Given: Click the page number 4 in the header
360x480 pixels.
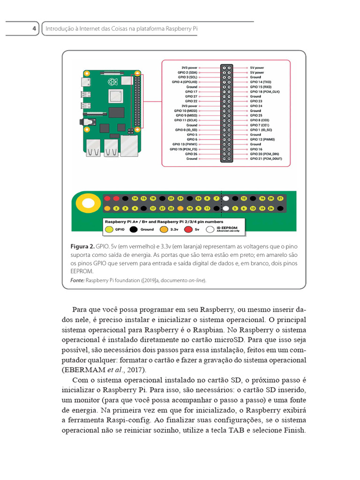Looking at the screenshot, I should (x=34, y=29).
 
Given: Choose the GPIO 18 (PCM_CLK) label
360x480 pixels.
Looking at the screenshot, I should (x=264, y=91).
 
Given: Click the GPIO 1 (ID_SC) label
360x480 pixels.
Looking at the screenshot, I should (x=261, y=130).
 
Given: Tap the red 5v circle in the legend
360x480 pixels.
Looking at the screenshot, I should (x=188, y=229).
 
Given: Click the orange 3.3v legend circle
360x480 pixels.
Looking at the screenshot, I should (x=164, y=229).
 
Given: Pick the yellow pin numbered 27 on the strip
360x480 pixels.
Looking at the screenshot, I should (x=161, y=208).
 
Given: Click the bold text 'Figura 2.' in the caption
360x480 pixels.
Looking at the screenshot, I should (x=82, y=247).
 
